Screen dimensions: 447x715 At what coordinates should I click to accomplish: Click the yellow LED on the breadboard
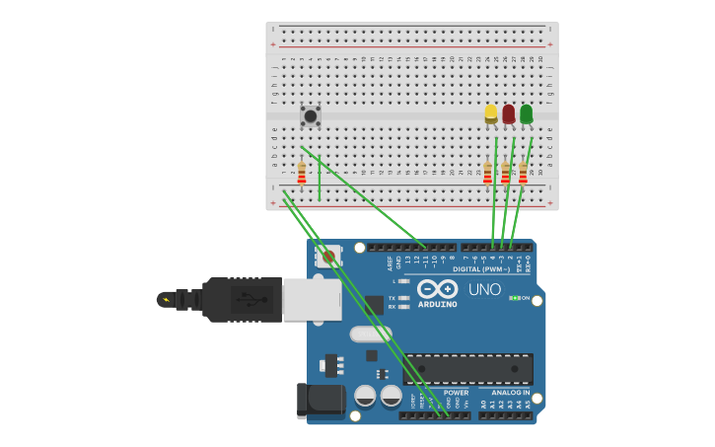[491, 113]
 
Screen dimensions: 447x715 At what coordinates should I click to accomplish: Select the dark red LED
[509, 113]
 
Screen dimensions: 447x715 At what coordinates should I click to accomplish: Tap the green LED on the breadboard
[527, 113]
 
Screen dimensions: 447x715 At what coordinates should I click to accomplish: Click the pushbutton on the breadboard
[311, 115]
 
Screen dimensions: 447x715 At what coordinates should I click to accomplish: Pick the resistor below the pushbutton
[302, 174]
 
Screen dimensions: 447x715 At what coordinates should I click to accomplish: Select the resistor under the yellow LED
[487, 174]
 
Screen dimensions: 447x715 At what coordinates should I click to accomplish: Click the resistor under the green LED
[523, 174]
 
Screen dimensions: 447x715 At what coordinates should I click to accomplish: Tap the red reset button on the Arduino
[329, 257]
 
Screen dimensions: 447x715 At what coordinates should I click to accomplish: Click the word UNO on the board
[484, 290]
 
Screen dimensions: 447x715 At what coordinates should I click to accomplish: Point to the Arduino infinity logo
[438, 289]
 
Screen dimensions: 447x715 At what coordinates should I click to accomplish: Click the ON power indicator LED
[514, 298]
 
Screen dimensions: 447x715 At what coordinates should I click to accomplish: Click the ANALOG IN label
[512, 392]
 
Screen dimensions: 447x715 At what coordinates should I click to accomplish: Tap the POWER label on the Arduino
[456, 392]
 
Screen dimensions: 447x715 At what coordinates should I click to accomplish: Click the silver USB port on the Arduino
[312, 299]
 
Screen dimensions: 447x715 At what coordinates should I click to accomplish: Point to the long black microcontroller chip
[467, 369]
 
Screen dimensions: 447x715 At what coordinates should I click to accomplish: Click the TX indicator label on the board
[392, 298]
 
